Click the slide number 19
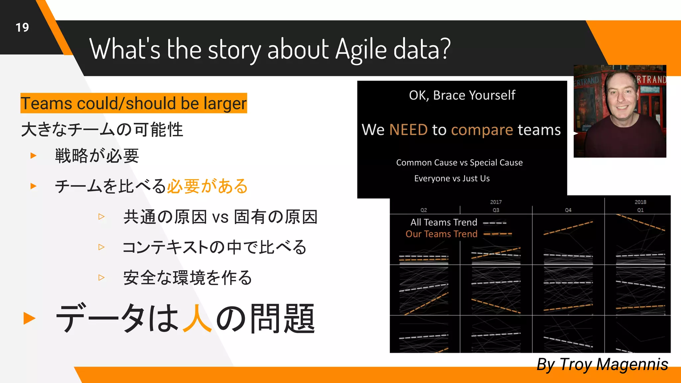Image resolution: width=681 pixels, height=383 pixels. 22,28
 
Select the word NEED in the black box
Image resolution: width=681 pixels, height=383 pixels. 408,130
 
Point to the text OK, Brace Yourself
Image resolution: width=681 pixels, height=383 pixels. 462,95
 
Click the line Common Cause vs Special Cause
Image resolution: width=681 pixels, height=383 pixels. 459,163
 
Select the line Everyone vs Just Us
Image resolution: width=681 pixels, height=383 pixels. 452,179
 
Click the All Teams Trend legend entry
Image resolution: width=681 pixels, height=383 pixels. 444,222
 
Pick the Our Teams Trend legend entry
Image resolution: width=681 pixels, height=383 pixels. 441,234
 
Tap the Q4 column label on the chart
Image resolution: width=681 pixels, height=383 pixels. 568,210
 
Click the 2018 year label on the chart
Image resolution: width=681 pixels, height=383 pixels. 640,202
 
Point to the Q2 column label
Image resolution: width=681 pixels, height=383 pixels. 423,210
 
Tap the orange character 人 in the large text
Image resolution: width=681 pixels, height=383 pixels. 197,319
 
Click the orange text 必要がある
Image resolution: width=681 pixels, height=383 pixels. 207,186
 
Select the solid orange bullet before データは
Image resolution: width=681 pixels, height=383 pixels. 29,318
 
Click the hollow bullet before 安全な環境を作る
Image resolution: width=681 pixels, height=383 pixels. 101,277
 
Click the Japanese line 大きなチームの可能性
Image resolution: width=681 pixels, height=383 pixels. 102,130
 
